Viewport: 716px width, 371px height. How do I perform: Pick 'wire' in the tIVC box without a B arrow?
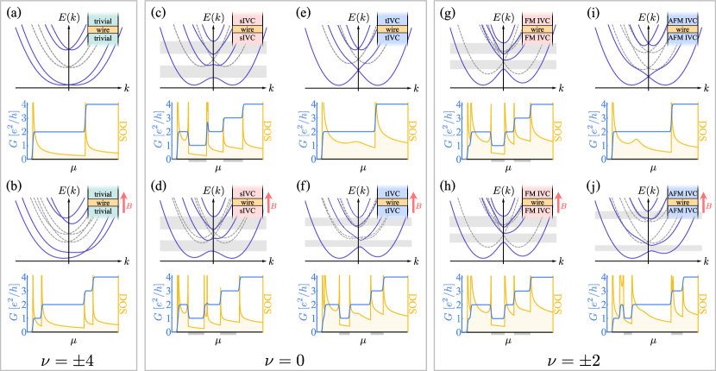click(x=393, y=29)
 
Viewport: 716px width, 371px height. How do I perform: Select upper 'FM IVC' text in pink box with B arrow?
click(x=537, y=192)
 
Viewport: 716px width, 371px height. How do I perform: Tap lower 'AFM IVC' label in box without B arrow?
click(x=682, y=38)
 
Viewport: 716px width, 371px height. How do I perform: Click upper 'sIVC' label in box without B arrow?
click(x=248, y=20)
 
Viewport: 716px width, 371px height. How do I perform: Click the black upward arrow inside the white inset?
click(x=358, y=207)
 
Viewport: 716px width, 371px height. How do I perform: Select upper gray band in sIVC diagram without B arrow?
click(x=213, y=47)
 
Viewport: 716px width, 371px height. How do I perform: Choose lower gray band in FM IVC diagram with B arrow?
click(x=503, y=238)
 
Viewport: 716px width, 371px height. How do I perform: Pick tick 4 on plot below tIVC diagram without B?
click(x=316, y=104)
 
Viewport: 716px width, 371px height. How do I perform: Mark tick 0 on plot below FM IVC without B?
click(x=461, y=159)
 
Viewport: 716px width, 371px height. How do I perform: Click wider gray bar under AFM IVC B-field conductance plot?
click(x=677, y=333)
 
